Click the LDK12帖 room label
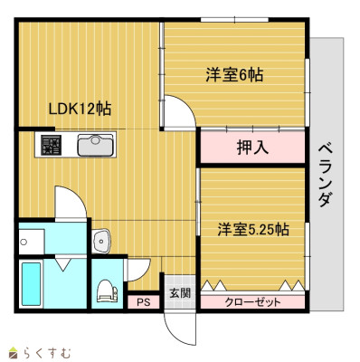tap(80, 109)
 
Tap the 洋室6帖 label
tap(234, 74)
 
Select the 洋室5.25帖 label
tap(253, 230)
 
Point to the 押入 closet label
tap(252, 148)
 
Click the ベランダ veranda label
tap(326, 176)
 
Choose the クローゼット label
tap(252, 301)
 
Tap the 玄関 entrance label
tap(180, 293)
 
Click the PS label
tap(144, 302)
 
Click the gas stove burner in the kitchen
tap(51, 145)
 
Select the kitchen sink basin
tap(95, 145)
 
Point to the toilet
tap(107, 291)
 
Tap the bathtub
tap(32, 284)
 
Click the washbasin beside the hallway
tap(101, 241)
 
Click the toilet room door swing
tap(138, 270)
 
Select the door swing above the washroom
tap(71, 203)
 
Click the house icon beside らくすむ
tap(14, 352)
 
